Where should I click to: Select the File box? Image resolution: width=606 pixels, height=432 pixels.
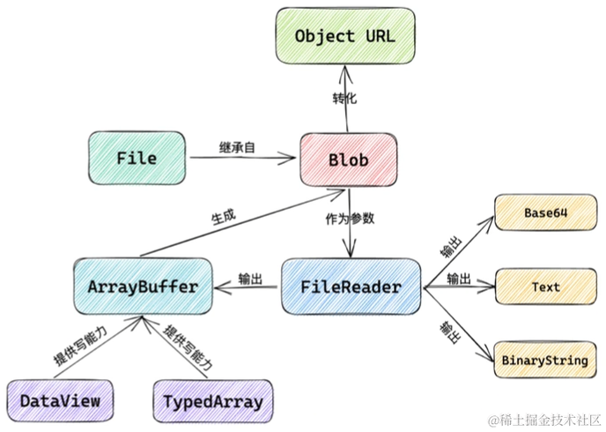coord(137,159)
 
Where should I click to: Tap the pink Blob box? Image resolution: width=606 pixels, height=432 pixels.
coord(348,160)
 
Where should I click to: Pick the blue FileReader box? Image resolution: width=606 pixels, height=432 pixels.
coord(351,287)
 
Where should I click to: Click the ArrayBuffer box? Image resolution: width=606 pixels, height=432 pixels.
coord(142,287)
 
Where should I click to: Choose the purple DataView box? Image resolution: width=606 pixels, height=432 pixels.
coord(60,401)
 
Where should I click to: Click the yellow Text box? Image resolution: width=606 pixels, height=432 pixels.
coord(545,287)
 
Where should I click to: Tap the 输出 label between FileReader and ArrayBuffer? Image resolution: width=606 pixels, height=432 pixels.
coord(250,279)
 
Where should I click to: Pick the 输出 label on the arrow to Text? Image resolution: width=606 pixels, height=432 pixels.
coord(458,279)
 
